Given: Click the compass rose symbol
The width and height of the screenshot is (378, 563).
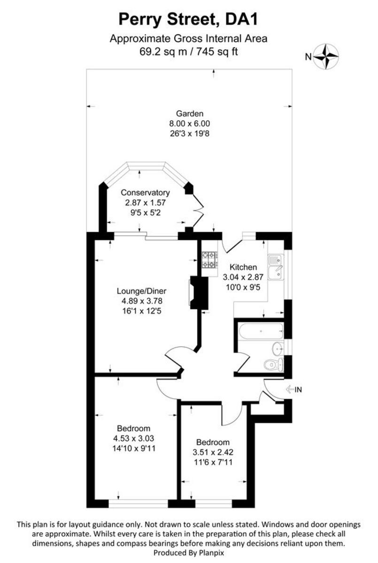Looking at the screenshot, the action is pos(326,57).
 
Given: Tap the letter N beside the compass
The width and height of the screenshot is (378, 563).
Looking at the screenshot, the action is pos(308,57).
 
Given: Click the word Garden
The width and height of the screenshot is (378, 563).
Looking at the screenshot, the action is pos(190,114).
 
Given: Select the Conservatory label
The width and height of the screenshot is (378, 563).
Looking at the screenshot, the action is pos(146,192).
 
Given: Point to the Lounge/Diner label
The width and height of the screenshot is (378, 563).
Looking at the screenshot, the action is pos(142,291).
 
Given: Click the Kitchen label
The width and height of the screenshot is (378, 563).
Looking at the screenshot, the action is pos(243,267).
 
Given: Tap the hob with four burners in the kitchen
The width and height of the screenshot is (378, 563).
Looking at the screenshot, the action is pos(209,260).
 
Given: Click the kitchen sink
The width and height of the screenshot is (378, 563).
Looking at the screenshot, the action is pos(276,267).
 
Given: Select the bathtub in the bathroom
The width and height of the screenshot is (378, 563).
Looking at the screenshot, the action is pos(261,332).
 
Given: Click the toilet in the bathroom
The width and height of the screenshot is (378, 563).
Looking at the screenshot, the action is pos(274,365).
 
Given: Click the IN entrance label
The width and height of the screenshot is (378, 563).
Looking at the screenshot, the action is pos(298,390).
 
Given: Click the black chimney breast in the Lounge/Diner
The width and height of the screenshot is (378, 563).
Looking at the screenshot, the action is pos(199,293).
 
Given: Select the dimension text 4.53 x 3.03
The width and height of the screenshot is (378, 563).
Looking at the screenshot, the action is pos(133,438).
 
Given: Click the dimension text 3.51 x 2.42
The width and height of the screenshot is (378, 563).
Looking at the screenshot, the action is pos(213,452).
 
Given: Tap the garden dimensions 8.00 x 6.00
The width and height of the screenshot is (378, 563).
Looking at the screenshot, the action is pos(190,124).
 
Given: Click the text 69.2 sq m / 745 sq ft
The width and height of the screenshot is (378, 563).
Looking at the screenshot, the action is pos(189,52).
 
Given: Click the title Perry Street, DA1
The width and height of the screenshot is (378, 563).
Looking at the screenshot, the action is pos(188,20).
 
